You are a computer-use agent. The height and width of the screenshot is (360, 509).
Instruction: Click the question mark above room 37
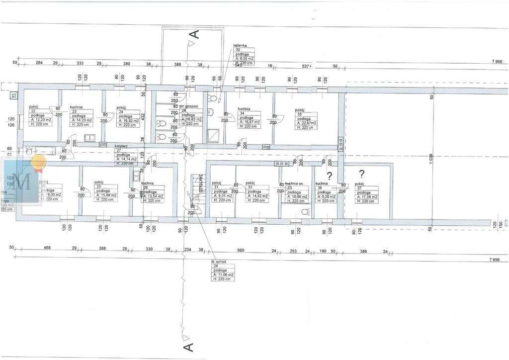point(362,174)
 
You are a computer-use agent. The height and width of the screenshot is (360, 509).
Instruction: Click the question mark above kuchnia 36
point(329,175)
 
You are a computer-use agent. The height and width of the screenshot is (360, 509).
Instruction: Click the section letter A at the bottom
point(188,347)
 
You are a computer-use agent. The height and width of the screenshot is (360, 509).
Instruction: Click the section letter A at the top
point(195,34)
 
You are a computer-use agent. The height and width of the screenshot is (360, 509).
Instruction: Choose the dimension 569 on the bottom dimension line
point(241,251)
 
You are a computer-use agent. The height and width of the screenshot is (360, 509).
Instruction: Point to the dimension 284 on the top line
point(39,63)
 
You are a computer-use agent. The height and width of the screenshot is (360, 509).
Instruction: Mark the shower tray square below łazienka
point(214,134)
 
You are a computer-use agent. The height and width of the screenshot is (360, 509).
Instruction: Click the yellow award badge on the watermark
point(38,161)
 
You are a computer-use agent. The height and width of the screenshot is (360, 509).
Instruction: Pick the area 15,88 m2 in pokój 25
point(107,195)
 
